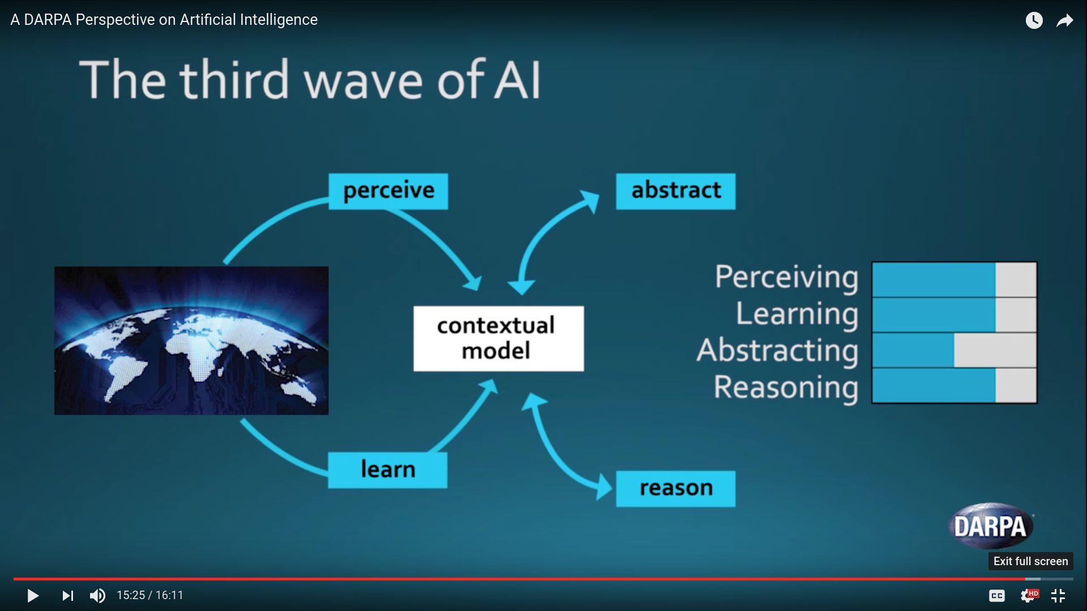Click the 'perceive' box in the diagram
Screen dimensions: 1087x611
pos(388,191)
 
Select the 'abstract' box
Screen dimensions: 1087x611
pos(675,191)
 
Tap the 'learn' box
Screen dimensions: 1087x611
pos(388,470)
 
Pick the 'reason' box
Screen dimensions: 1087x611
pos(675,488)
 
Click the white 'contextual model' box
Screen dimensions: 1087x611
pos(498,338)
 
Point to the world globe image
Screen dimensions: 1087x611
pos(191,340)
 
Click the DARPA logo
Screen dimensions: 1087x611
pos(991,526)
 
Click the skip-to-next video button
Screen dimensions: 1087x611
pos(68,595)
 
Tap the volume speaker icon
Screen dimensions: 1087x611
pos(97,595)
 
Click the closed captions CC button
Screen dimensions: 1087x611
pos(997,596)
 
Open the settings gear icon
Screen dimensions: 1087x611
pos(1028,596)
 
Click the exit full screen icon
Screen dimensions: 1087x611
pos(1058,596)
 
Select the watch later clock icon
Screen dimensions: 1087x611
pos(1034,20)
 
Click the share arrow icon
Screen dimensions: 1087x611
pos(1065,21)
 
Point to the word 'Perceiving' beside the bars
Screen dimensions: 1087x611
pos(786,278)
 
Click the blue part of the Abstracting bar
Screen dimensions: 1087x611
pos(913,350)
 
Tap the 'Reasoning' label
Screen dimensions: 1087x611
pos(786,388)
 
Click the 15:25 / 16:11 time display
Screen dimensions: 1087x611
pos(150,595)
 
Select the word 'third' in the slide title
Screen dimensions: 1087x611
pos(235,79)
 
